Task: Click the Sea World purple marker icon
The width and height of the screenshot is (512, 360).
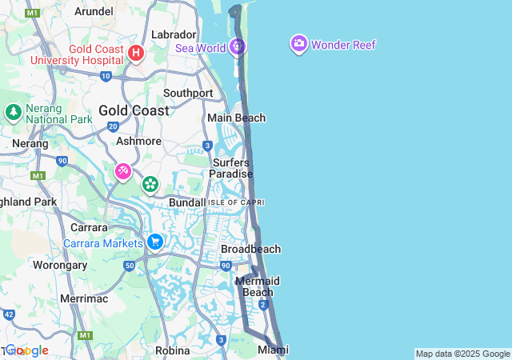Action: click(237, 46)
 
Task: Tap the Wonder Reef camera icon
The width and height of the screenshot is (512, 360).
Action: click(298, 44)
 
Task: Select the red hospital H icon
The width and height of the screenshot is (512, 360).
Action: click(136, 54)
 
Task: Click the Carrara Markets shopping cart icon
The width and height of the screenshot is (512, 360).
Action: click(155, 241)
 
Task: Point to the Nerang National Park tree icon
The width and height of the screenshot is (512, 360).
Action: click(13, 111)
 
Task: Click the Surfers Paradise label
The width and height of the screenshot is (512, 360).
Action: click(231, 168)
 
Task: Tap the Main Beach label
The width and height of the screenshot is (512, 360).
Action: click(236, 118)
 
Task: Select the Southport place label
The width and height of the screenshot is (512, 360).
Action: click(188, 93)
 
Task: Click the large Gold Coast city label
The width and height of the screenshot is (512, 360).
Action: click(134, 110)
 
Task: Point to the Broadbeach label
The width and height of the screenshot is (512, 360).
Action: click(250, 249)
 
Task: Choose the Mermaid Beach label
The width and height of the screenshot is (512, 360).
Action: click(258, 286)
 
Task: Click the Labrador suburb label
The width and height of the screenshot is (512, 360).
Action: click(174, 34)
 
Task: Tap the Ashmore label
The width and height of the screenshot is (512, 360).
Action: click(138, 141)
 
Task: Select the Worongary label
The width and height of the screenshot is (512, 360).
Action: click(59, 264)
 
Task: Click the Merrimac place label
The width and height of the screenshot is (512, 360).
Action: click(84, 298)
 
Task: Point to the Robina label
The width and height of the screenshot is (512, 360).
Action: click(172, 350)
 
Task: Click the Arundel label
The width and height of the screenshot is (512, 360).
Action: click(94, 11)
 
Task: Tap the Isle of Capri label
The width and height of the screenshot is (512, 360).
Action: click(236, 202)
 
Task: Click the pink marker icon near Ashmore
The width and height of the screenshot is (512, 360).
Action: click(122, 170)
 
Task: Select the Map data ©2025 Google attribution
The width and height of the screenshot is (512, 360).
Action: click(462, 354)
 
